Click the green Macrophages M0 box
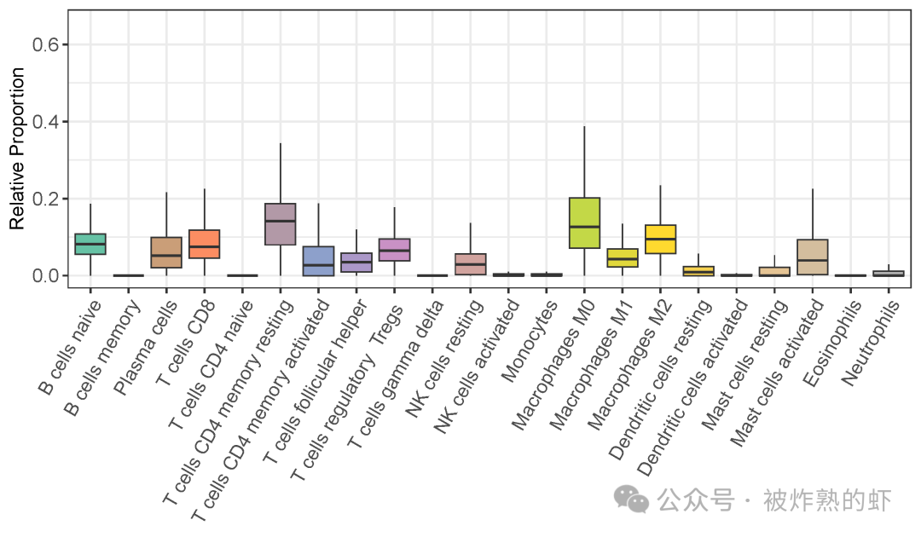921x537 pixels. click(x=584, y=222)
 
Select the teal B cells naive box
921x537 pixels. click(x=90, y=244)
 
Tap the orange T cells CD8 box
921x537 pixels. click(x=204, y=244)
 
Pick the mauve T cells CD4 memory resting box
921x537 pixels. click(x=280, y=224)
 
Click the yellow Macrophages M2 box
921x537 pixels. click(x=660, y=240)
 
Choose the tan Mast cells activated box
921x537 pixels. click(x=812, y=257)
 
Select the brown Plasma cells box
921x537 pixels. click(x=166, y=252)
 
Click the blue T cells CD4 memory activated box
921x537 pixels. click(x=318, y=261)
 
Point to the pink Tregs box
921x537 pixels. click(x=394, y=250)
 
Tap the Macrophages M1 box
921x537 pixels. click(x=623, y=257)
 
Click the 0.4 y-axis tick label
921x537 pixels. click(x=45, y=122)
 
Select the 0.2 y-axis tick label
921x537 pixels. click(x=45, y=199)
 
